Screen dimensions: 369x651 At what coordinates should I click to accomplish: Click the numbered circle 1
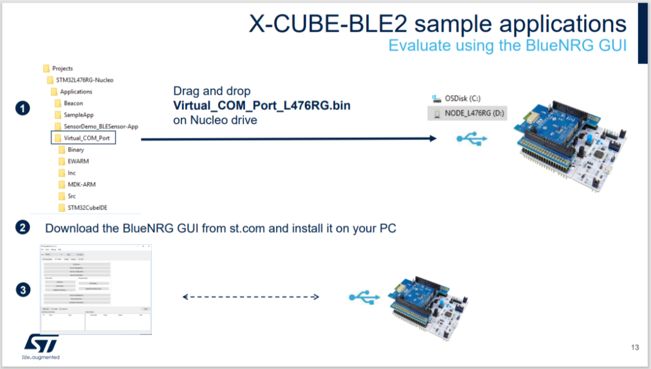tap(22, 109)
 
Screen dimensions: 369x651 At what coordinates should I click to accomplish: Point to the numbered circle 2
tap(22, 228)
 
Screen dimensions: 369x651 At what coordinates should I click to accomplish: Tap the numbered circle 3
tap(22, 290)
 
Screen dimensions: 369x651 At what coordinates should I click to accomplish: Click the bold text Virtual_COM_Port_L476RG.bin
tap(262, 105)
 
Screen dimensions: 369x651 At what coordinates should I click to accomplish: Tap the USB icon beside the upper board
tap(471, 139)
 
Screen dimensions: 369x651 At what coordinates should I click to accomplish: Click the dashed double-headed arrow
tap(250, 297)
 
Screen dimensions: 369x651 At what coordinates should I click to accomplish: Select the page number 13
tap(635, 348)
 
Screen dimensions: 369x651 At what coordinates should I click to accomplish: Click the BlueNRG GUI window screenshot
tap(96, 289)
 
